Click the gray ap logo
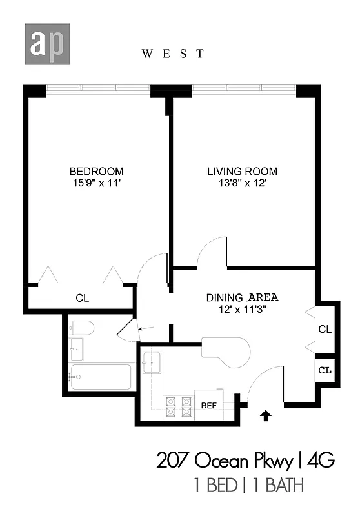point(47,44)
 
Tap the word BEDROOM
point(96,171)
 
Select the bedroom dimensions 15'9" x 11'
point(96,183)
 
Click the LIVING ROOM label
point(242,171)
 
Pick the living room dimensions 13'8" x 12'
point(242,183)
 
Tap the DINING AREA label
point(242,297)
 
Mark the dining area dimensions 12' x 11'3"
point(242,309)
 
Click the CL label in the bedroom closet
point(82,299)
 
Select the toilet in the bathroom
point(81,329)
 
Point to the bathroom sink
point(77,350)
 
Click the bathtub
point(100,376)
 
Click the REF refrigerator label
point(208,406)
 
